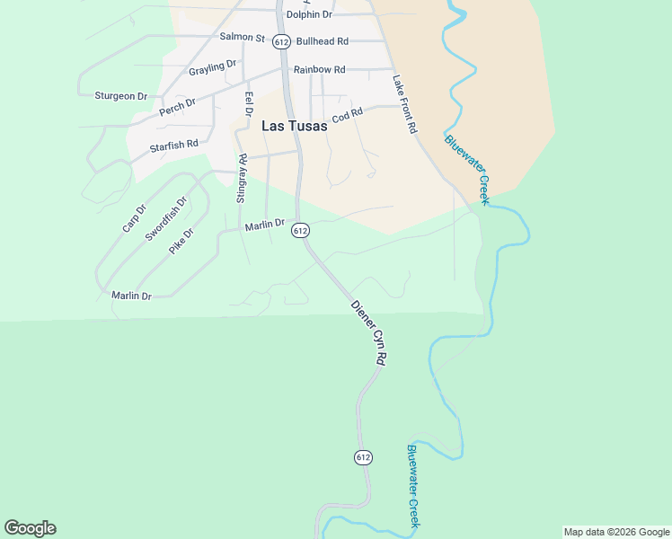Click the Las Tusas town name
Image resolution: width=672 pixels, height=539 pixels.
[294, 127]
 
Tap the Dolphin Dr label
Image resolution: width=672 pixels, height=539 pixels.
[308, 14]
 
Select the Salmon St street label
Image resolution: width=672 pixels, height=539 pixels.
[243, 38]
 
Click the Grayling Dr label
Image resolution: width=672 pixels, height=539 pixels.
[212, 68]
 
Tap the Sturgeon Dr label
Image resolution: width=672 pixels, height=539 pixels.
[120, 96]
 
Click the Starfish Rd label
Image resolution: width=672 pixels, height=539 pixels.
[173, 144]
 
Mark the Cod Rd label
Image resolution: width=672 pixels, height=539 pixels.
[347, 116]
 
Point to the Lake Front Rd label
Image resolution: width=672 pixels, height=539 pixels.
[405, 104]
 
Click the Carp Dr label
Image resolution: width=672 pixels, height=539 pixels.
[134, 218]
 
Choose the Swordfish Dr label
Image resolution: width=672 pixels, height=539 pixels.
[167, 216]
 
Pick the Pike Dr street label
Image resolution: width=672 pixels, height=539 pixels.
[181, 240]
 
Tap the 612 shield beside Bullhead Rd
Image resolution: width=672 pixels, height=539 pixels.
[282, 42]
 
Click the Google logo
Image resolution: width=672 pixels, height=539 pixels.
[30, 528]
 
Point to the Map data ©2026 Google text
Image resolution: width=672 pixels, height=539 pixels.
[617, 532]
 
